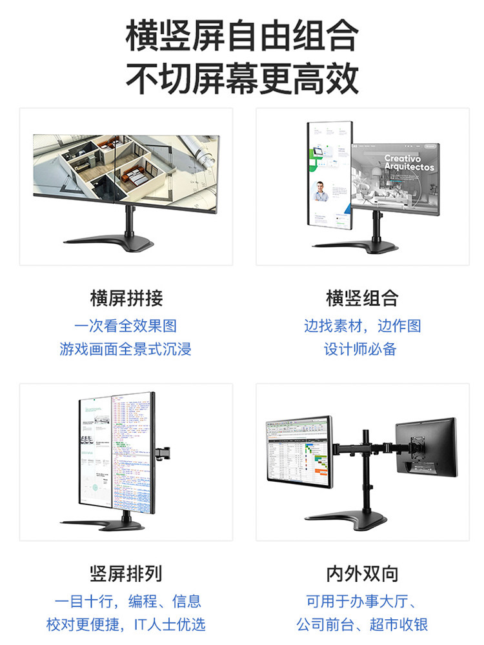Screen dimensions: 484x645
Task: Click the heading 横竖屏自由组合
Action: pos(242,36)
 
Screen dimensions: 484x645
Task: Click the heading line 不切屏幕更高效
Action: pos(242,79)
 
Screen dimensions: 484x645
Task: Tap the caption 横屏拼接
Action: pos(126,299)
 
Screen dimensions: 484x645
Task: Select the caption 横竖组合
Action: pos(362,299)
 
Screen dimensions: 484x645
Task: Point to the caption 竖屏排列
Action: pos(126,573)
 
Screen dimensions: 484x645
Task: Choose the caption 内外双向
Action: pos(362,573)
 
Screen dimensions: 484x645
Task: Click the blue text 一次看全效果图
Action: pos(126,326)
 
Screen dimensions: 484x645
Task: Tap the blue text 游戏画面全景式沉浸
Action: pos(126,349)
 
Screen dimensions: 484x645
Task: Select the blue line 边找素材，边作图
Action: pos(362,326)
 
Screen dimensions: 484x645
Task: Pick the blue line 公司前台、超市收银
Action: pos(362,624)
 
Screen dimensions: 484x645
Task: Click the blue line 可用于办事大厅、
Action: pos(362,601)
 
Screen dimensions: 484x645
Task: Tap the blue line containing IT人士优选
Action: pos(126,624)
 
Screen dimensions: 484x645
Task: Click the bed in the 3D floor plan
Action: pos(136,175)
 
